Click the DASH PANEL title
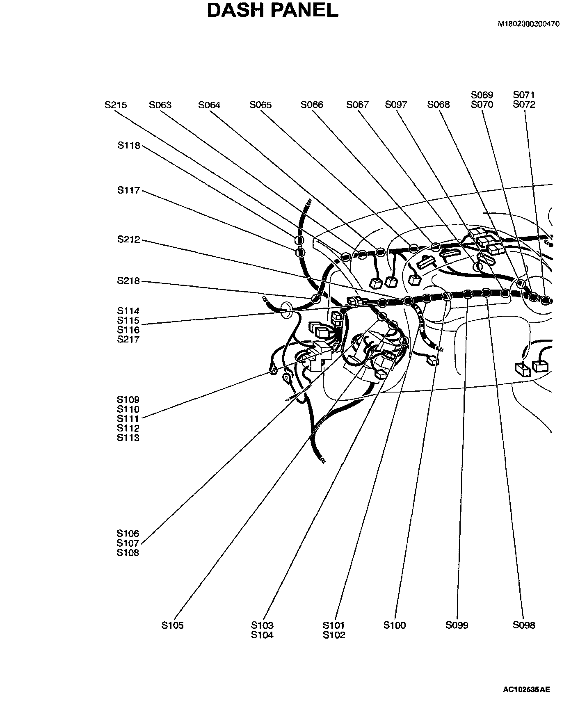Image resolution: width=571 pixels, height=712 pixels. coord(272,10)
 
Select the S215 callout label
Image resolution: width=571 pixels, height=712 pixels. coord(116,105)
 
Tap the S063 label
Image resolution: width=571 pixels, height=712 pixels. coord(160,105)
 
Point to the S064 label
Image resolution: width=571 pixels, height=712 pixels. coord(209,105)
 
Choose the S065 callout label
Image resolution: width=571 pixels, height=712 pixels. coord(260,105)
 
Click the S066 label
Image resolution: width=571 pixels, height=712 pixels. coord(312,105)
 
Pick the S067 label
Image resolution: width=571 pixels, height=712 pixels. coord(357,105)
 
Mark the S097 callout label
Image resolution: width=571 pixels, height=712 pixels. coord(396,105)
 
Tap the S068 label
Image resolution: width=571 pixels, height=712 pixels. coord(439,105)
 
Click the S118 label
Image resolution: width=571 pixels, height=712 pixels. coord(129,146)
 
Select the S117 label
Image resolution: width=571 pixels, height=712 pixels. coord(129,190)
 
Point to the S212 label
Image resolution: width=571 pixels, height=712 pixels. coord(129,240)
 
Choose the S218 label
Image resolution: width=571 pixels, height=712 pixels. coord(129,281)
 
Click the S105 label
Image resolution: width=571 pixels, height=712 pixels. coord(172,625)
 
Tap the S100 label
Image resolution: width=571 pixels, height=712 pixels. coord(395,625)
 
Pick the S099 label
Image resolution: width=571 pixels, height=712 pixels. coord(457,625)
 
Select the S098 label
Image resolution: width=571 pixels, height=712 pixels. coord(524,625)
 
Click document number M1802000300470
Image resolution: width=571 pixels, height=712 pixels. coord(529,24)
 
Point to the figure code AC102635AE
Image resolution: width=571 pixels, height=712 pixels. coord(527,689)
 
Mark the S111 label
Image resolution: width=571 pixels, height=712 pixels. coord(128,419)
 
